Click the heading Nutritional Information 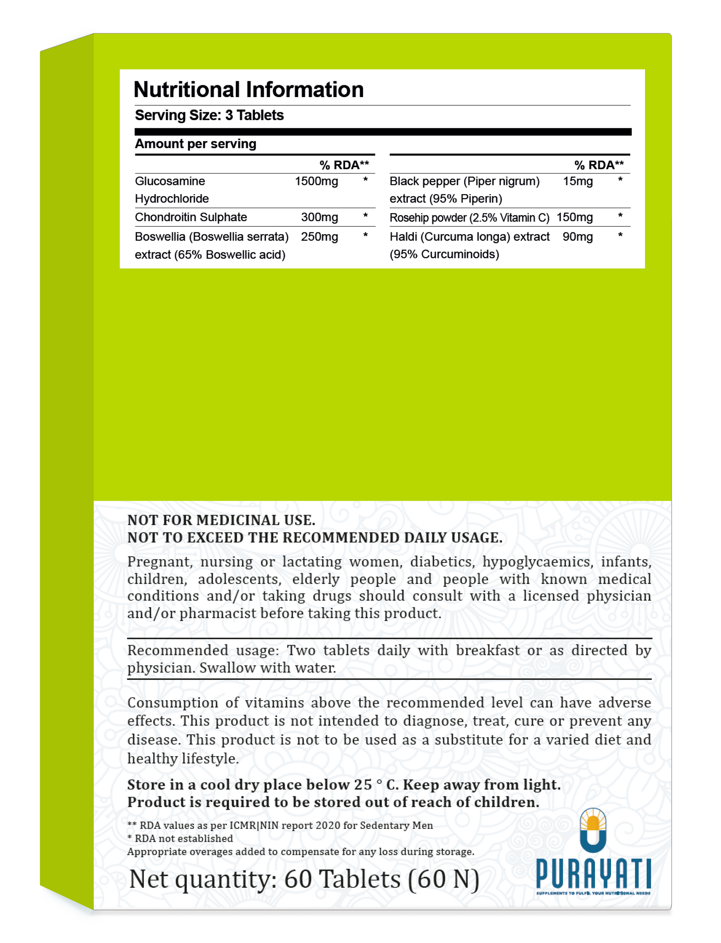point(249,90)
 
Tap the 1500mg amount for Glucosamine point(316,181)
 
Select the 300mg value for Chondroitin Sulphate point(319,217)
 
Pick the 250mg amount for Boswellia point(319,237)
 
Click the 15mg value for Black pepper point(578,181)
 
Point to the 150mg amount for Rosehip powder point(574,217)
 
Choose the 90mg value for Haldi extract point(578,236)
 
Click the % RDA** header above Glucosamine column point(344,165)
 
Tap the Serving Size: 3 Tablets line point(209,115)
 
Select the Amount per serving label point(196,144)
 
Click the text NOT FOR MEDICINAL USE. point(221,520)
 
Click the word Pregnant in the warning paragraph point(158,562)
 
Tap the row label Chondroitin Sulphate point(191,217)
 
